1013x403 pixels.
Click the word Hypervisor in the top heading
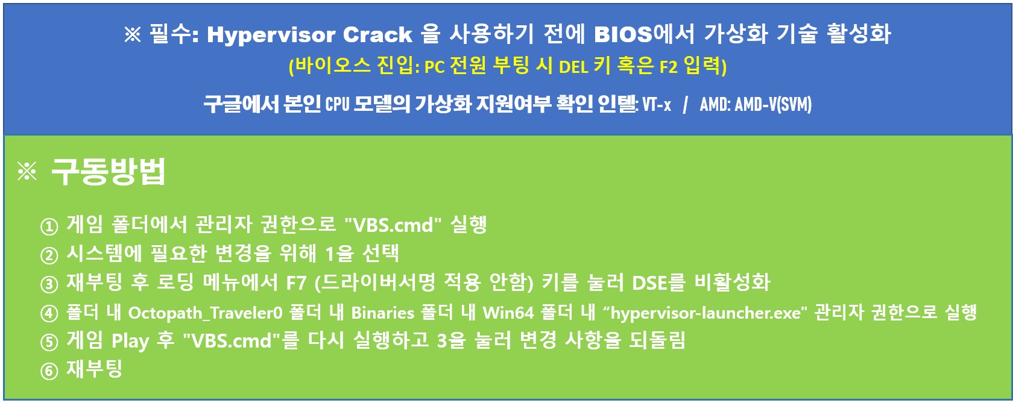tap(270, 35)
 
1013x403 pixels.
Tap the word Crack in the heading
tap(377, 35)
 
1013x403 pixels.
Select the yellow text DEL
tap(573, 67)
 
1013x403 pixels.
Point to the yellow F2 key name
tap(668, 67)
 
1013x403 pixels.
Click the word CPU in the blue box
tap(338, 104)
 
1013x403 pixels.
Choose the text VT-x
tap(657, 104)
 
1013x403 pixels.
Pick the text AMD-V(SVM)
tap(773, 104)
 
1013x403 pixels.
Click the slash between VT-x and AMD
tap(686, 104)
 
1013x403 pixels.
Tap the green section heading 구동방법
tap(108, 172)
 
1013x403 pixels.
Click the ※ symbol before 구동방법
tap(27, 172)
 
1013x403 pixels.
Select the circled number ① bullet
tap(49, 226)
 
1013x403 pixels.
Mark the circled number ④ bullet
tap(49, 313)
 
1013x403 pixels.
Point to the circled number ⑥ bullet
tap(49, 371)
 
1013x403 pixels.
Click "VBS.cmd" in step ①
tap(393, 225)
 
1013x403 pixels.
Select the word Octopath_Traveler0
tap(205, 313)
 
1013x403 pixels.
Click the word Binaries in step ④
tap(382, 313)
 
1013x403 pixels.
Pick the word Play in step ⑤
tap(130, 341)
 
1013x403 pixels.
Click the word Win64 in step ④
tap(508, 313)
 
